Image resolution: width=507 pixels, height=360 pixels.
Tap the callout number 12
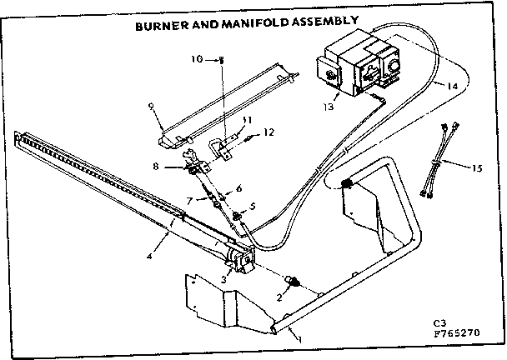[x=269, y=132]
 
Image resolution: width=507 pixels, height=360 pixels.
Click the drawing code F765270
[x=464, y=337]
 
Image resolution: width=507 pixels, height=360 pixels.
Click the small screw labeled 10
[x=223, y=60]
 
